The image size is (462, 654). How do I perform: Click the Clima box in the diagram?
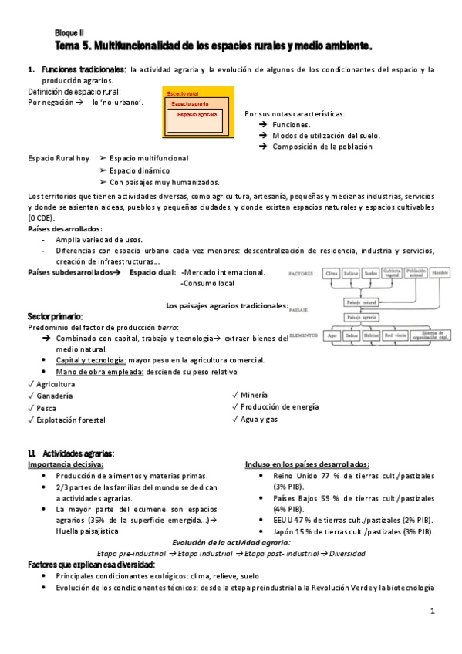tap(332, 274)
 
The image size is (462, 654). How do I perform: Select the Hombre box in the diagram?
tap(440, 274)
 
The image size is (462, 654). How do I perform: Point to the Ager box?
tap(333, 337)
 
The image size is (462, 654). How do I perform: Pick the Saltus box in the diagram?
tap(352, 337)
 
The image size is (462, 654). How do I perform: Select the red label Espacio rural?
tap(182, 93)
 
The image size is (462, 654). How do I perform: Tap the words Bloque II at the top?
tap(69, 33)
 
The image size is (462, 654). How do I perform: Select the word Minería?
tap(255, 395)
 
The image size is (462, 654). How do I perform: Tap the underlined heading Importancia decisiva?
tap(66, 465)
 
